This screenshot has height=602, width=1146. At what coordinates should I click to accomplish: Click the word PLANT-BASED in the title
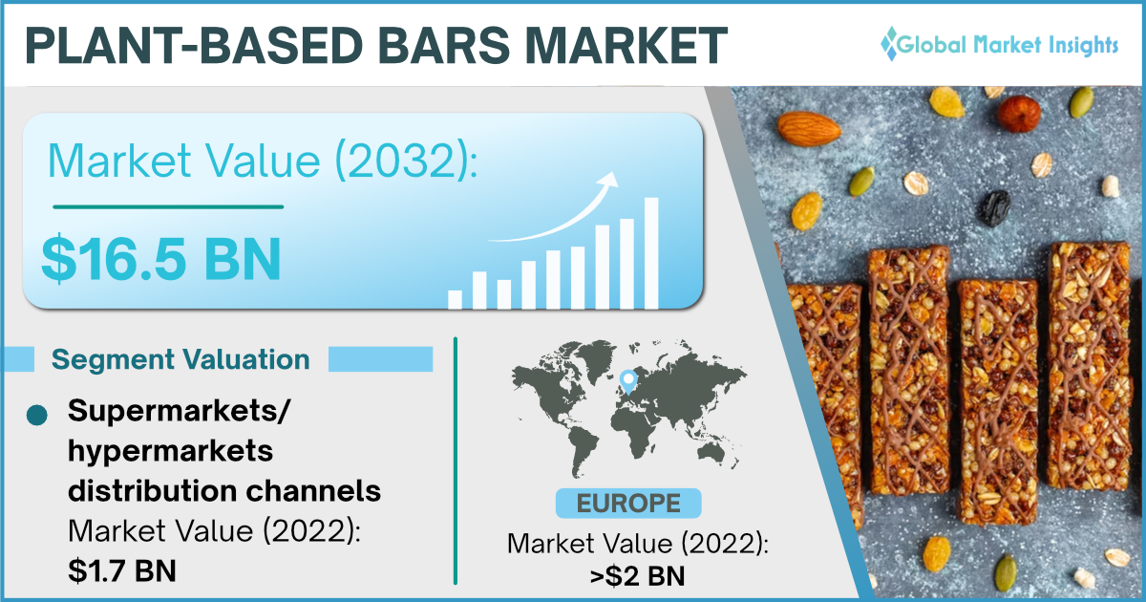tap(195, 45)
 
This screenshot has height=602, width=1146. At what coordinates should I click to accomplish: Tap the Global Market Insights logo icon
tap(890, 44)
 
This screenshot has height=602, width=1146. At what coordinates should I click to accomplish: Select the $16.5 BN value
tap(161, 259)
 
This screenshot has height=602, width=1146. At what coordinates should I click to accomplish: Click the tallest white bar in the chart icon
tap(651, 253)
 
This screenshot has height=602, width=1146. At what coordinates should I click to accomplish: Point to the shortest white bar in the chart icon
tap(455, 299)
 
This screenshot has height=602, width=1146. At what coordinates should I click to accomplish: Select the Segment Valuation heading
tap(180, 359)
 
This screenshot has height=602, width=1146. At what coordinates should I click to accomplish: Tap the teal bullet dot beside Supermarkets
tap(37, 415)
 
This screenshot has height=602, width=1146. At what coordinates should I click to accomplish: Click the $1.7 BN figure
tap(122, 570)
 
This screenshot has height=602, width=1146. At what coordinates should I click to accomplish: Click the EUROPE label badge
tap(628, 504)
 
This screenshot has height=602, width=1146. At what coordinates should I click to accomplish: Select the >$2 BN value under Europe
tap(637, 576)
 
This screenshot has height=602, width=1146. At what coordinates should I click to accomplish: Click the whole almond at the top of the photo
tap(810, 128)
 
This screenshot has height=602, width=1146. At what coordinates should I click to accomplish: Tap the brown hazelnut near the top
tap(1019, 114)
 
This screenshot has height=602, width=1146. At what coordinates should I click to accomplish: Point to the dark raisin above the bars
tap(994, 208)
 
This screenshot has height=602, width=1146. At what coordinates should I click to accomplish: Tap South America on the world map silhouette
tap(583, 451)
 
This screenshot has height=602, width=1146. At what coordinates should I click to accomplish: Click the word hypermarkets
tap(170, 452)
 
